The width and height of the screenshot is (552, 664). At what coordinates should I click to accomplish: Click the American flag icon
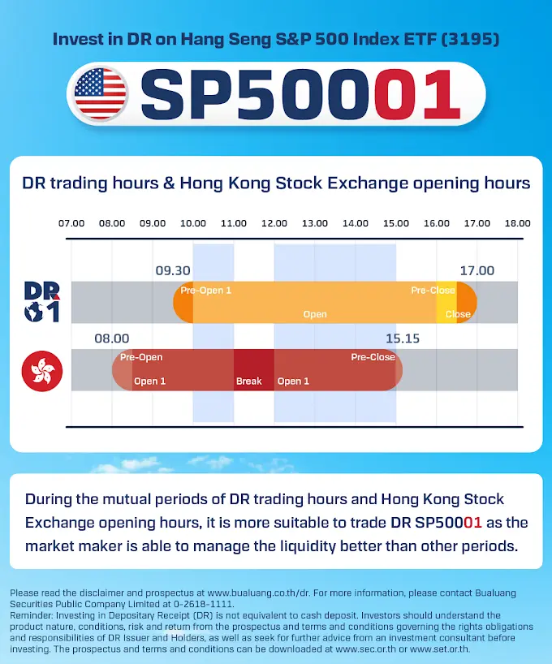click(x=100, y=93)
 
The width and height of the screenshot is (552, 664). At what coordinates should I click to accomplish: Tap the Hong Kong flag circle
click(x=42, y=371)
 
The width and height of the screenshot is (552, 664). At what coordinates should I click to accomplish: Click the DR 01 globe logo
click(x=41, y=302)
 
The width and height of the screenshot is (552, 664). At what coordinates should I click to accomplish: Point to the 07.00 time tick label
click(x=71, y=223)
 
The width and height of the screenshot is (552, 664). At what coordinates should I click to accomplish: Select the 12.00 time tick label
click(x=274, y=223)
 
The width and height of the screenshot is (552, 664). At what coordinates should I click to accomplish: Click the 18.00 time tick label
click(x=517, y=223)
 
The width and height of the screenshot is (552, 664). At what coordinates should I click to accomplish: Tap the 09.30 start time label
click(x=173, y=270)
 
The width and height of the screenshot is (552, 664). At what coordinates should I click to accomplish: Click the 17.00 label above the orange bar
click(x=477, y=270)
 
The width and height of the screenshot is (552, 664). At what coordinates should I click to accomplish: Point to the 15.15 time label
click(x=403, y=338)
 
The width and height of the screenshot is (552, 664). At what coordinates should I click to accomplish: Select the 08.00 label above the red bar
click(x=112, y=338)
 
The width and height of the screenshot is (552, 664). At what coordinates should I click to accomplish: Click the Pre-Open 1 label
click(x=206, y=291)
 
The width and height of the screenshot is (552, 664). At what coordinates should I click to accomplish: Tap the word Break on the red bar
click(x=248, y=382)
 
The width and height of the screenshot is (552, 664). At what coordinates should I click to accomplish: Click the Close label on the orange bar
click(x=458, y=314)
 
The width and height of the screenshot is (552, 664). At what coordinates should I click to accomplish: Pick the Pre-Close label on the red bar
click(x=373, y=357)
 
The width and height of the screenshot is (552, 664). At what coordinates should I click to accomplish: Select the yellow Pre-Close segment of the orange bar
click(x=446, y=302)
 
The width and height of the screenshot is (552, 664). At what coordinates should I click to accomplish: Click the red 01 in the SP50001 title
click(x=417, y=94)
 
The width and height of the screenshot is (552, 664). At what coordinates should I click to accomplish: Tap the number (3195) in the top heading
click(x=470, y=39)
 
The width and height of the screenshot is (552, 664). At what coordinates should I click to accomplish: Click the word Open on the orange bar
click(x=315, y=314)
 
